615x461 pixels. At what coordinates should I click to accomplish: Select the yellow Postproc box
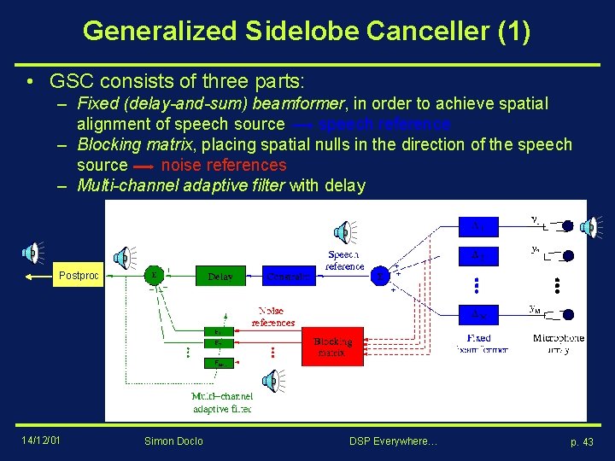(x=79, y=276)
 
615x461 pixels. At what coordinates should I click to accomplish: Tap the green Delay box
(x=220, y=276)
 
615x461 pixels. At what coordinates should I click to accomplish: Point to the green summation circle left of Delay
(x=154, y=276)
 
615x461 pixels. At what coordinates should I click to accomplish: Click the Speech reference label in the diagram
(x=343, y=260)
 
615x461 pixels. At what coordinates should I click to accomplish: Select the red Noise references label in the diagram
(x=273, y=317)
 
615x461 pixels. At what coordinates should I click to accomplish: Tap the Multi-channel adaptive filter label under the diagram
(x=222, y=403)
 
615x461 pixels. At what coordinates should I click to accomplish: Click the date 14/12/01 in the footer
(x=41, y=440)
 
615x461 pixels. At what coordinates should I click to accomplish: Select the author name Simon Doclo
(x=173, y=441)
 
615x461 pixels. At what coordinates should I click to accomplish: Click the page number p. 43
(x=582, y=441)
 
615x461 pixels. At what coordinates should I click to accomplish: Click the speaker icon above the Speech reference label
(x=342, y=230)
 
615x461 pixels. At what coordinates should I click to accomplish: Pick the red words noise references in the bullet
(x=224, y=165)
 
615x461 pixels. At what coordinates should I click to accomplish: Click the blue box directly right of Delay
(x=285, y=276)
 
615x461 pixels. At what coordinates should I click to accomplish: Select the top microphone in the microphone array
(x=567, y=226)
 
